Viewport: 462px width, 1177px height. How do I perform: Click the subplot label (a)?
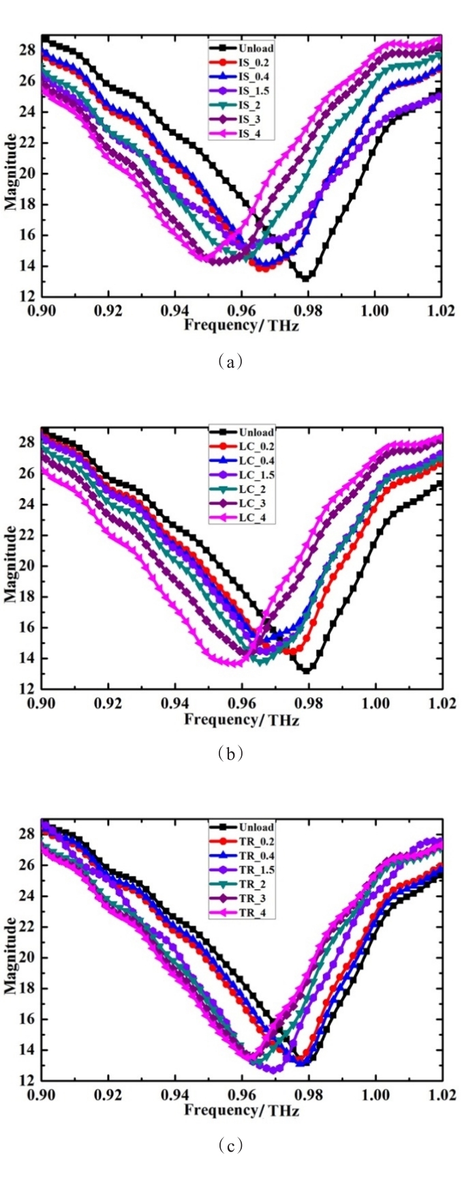tap(231, 362)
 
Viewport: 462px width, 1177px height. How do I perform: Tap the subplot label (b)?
tap(231, 753)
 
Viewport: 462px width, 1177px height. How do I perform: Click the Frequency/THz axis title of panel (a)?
tap(241, 324)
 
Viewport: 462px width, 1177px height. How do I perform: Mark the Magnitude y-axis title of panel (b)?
tap(10, 558)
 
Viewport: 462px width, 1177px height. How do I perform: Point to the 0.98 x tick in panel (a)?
tap(308, 311)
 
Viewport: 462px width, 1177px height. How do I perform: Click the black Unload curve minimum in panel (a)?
tap(306, 278)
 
